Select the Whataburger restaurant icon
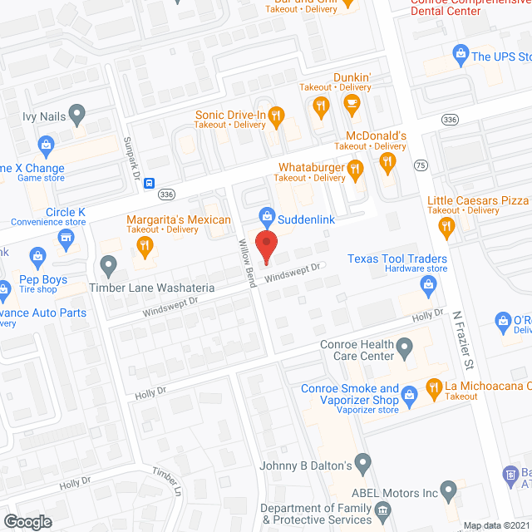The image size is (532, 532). [x=356, y=170]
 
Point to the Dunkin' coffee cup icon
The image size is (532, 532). [x=351, y=106]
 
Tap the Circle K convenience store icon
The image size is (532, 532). [x=66, y=240]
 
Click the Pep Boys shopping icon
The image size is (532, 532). [x=37, y=255]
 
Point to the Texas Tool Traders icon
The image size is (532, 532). [x=430, y=287]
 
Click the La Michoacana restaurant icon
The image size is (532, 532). [x=433, y=387]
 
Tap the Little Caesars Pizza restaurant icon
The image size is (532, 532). [x=446, y=226]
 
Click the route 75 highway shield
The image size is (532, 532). [x=421, y=165]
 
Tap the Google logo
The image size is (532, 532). [x=27, y=521]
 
